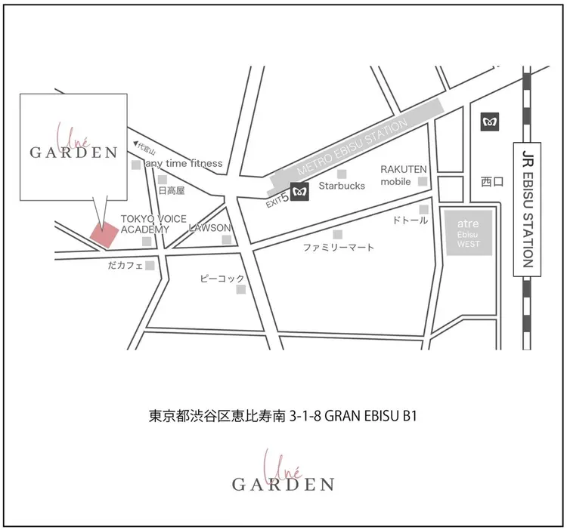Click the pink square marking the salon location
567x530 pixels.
(104, 236)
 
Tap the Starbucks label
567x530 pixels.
(342, 185)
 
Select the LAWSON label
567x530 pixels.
(209, 228)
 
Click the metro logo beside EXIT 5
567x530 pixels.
(301, 193)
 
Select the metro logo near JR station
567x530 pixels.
(490, 121)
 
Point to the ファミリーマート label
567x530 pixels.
(338, 247)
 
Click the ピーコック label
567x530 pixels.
(222, 279)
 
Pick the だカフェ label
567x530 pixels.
(125, 265)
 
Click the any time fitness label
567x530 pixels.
(184, 163)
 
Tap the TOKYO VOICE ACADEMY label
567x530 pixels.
(145, 223)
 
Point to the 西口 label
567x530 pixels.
(491, 182)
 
